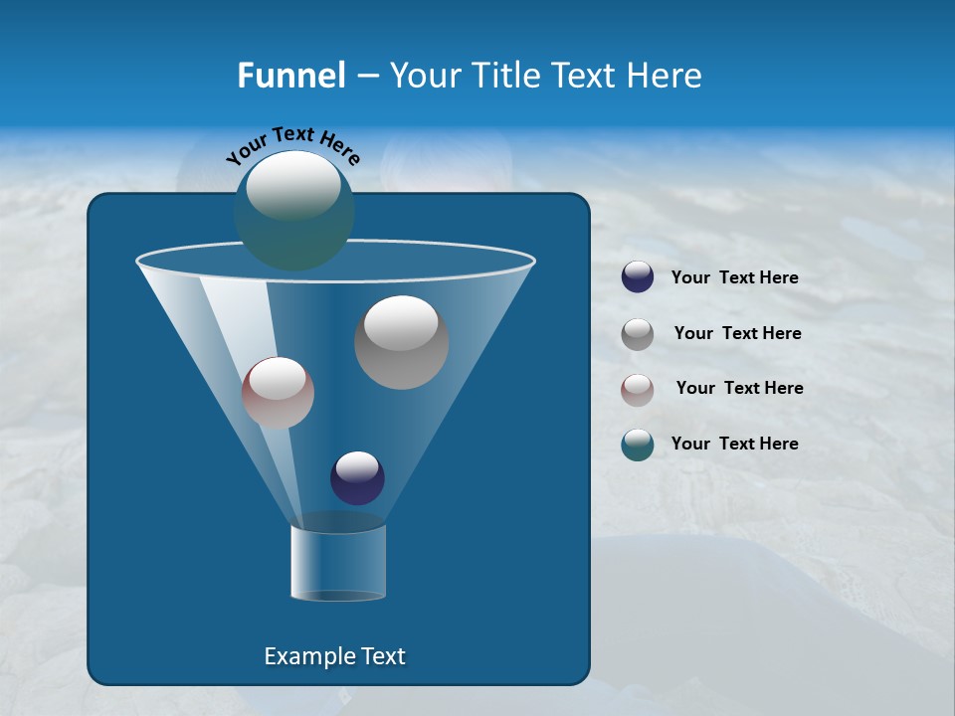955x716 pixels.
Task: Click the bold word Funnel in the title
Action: pos(290,76)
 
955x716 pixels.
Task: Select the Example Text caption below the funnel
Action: pos(334,656)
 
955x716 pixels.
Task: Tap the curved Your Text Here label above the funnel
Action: pos(292,145)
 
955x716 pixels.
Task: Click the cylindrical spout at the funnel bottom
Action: pos(338,563)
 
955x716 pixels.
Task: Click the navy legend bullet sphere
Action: pos(638,277)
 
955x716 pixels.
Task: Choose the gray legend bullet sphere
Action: pos(638,334)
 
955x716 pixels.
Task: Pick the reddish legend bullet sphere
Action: pos(638,389)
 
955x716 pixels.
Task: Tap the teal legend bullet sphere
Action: pos(638,445)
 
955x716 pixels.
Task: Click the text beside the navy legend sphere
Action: pos(734,278)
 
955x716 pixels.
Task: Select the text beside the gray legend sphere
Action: pos(737,334)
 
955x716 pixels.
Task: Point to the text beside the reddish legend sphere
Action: pos(739,389)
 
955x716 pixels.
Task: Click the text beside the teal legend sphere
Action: pos(734,444)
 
